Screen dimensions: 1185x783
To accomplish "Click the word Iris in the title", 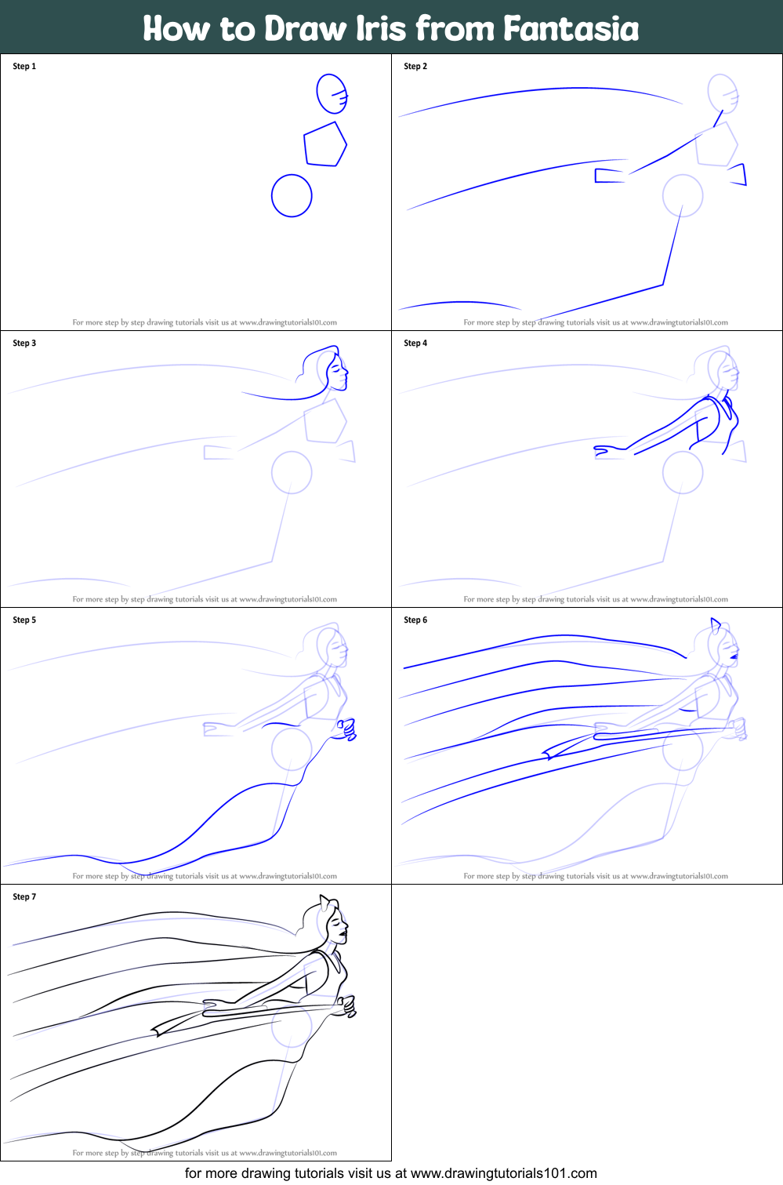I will click(x=382, y=28).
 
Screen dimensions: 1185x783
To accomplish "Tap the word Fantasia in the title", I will click(x=571, y=28).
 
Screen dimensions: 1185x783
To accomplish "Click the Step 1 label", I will click(x=24, y=67).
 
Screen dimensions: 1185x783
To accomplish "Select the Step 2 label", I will click(x=415, y=67).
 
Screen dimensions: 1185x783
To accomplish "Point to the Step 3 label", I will click(x=24, y=344).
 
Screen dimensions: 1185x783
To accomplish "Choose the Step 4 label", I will click(x=415, y=344).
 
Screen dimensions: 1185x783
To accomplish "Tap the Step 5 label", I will click(x=24, y=620).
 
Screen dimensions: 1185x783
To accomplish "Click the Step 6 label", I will click(x=415, y=620).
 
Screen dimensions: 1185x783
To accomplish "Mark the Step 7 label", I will click(x=24, y=897).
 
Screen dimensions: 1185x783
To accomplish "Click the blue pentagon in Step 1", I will click(x=324, y=144).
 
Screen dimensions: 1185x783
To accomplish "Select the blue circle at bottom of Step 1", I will click(x=292, y=195).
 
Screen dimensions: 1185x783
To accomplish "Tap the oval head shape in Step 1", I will click(x=331, y=93).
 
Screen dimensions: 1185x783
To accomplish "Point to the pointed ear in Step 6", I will click(x=716, y=625).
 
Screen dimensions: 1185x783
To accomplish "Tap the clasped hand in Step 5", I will click(x=346, y=729).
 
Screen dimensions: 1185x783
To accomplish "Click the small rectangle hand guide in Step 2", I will click(x=608, y=176).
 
